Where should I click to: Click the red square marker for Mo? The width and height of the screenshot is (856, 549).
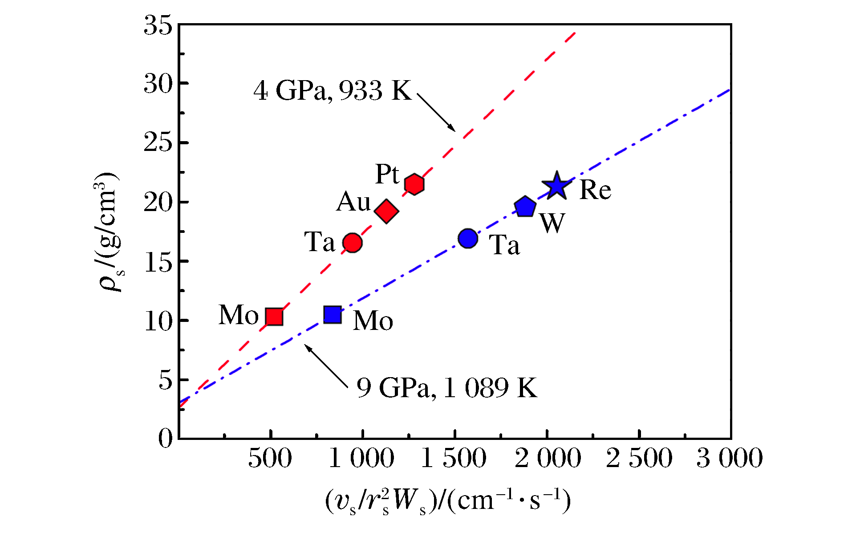click(274, 317)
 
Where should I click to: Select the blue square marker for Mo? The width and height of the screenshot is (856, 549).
click(333, 314)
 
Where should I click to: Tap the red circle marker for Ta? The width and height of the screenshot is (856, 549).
click(352, 243)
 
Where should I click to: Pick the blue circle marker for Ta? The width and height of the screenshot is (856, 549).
click(468, 238)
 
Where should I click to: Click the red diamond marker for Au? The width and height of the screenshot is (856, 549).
click(386, 211)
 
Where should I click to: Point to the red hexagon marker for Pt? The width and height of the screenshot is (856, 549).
click(414, 184)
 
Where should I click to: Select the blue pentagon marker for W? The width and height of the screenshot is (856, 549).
click(525, 207)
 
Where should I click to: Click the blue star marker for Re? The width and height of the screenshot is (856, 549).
click(556, 186)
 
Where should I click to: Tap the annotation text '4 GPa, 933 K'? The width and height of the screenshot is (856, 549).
click(333, 90)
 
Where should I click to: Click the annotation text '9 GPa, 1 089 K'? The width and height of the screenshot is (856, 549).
click(447, 387)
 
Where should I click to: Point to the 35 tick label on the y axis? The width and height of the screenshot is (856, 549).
click(158, 25)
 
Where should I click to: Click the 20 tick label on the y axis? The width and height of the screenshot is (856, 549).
click(158, 203)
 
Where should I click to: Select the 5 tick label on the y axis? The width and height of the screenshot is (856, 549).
click(165, 380)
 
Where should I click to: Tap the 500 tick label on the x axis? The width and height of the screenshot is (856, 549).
click(270, 458)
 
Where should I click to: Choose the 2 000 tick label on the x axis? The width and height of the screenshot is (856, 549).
click(548, 458)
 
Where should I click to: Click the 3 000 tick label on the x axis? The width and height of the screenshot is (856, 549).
click(729, 458)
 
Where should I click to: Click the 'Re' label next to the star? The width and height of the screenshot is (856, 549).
click(595, 190)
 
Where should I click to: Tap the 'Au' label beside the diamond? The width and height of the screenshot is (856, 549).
click(353, 202)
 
